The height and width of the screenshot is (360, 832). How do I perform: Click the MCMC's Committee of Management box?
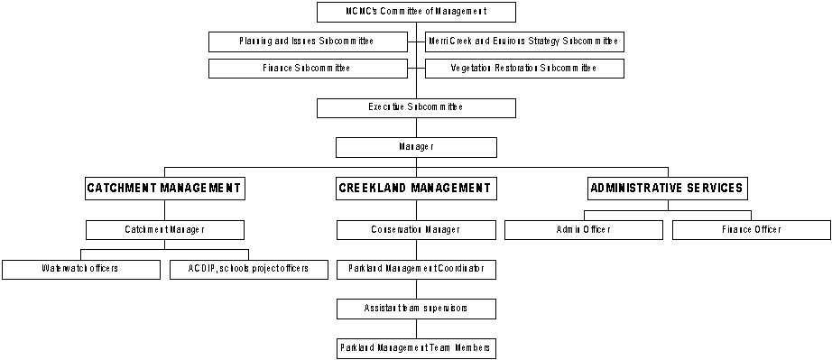tap(416, 12)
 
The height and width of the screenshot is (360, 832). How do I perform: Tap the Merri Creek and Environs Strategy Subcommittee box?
tap(524, 42)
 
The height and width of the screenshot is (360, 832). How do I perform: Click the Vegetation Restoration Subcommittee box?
tap(524, 69)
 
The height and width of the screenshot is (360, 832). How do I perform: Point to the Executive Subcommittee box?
tap(416, 107)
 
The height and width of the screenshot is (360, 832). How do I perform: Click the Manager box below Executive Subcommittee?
tap(416, 147)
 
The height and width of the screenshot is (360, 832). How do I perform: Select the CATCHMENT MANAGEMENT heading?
tap(164, 188)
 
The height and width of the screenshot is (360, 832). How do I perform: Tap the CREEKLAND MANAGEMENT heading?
tap(416, 188)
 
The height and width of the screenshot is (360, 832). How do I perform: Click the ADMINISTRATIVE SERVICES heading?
tap(667, 188)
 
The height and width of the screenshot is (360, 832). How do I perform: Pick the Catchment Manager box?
tap(164, 230)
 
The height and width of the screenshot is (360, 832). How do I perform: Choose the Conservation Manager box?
tap(416, 230)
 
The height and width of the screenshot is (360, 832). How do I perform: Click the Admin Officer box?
tap(583, 230)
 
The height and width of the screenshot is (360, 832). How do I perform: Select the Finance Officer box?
tap(751, 230)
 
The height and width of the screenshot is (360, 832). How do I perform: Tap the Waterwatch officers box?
tap(80, 269)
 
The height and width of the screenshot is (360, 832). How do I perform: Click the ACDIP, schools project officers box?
tap(248, 269)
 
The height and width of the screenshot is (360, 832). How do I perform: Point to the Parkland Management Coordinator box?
tap(416, 269)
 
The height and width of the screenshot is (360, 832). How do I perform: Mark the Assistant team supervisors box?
tap(416, 309)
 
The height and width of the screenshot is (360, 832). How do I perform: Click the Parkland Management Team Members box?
tap(416, 347)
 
